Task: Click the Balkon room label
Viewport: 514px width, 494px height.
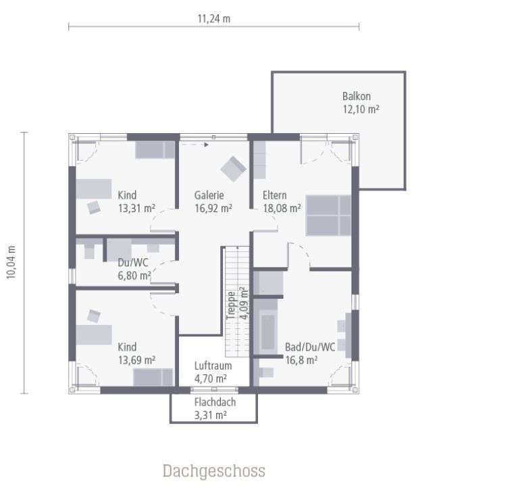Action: (x=356, y=96)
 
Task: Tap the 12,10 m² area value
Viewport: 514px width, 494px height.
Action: (x=360, y=109)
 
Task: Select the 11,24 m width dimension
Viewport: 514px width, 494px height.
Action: (x=213, y=19)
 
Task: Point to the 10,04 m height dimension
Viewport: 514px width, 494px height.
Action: (x=11, y=262)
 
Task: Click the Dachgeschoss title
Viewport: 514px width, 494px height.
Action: (x=213, y=470)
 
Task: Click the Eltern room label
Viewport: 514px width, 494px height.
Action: (x=274, y=195)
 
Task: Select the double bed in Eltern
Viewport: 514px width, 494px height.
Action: (x=328, y=215)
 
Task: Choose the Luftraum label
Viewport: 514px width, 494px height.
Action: (x=213, y=366)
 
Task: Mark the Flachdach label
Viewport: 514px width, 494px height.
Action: (x=213, y=401)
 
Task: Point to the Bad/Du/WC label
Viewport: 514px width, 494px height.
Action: (x=310, y=347)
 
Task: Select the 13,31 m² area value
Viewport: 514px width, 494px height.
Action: (x=136, y=208)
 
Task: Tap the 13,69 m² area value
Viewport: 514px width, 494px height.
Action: (x=136, y=360)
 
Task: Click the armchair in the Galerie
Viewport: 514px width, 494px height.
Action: (x=234, y=168)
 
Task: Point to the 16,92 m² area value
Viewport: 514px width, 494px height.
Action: (x=213, y=208)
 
